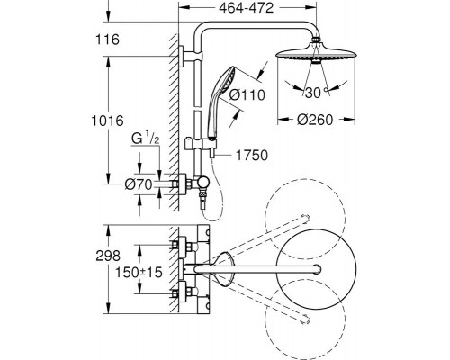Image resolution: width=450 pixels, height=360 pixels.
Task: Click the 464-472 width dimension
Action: pos(246,8)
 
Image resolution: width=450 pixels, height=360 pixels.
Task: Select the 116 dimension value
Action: pos(107,40)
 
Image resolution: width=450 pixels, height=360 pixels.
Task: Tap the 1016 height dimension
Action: pos(107,121)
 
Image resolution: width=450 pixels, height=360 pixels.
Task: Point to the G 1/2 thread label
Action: pos(146,139)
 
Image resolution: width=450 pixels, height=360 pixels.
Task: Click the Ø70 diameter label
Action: pos(139,184)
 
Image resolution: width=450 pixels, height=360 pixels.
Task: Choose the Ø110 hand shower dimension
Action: pos(247,95)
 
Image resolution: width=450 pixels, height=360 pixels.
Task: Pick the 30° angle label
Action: pos(316,93)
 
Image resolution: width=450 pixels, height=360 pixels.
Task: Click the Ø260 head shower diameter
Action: pos(315,120)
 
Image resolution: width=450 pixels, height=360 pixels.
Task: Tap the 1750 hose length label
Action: pos(252,156)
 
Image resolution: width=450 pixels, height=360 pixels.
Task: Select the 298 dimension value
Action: pos(108,256)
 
